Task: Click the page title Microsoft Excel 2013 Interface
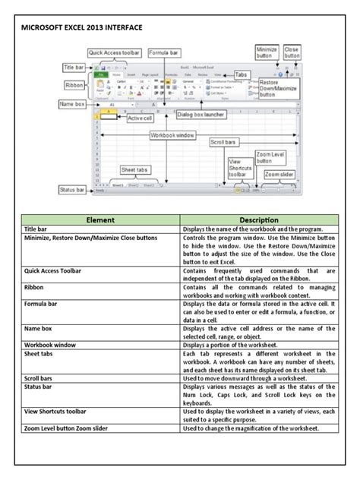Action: pos(81,27)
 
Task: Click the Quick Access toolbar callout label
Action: pos(115,52)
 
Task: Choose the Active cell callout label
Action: pos(141,118)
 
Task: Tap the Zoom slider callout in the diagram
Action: pos(278,174)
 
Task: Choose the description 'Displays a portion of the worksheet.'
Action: pos(232,344)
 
